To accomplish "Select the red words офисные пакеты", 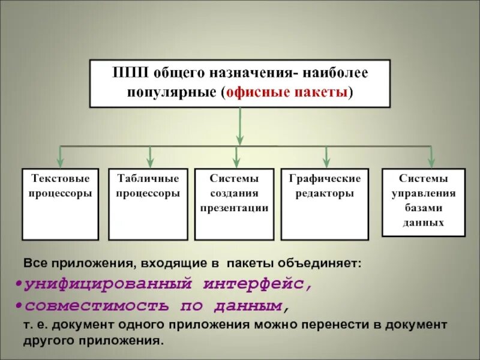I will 287,92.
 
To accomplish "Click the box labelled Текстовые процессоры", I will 60,204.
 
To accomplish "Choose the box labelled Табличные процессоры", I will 148,204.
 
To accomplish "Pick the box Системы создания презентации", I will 234,204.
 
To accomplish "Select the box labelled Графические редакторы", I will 325,204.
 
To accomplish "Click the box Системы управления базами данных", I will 424,202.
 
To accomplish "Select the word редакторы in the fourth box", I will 325,194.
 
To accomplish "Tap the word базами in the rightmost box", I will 424,208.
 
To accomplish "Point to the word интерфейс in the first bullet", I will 257,283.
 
